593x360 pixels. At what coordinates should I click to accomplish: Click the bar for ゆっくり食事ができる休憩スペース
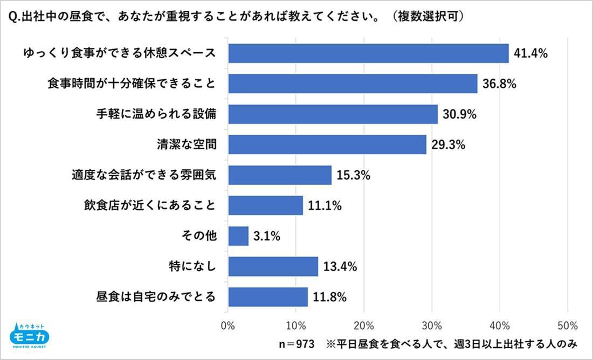point(368,53)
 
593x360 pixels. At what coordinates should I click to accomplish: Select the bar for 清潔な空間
point(327,144)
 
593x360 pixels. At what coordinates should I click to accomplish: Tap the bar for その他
point(238,236)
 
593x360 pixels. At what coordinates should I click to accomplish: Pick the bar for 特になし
point(273,266)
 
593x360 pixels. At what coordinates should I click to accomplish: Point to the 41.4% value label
point(530,53)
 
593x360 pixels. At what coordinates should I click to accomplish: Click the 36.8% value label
point(499,84)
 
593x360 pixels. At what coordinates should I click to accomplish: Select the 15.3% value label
point(353,175)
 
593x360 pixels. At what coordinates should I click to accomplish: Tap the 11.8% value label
point(329,297)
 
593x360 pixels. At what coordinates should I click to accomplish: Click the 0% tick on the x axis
point(228,326)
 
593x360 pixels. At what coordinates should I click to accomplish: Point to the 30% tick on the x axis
point(432,326)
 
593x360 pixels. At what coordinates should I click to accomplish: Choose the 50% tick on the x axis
point(567,326)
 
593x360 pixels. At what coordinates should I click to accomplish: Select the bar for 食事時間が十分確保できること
point(353,84)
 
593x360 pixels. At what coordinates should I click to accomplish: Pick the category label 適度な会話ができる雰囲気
point(144,175)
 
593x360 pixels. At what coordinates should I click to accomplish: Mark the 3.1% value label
point(267,236)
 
